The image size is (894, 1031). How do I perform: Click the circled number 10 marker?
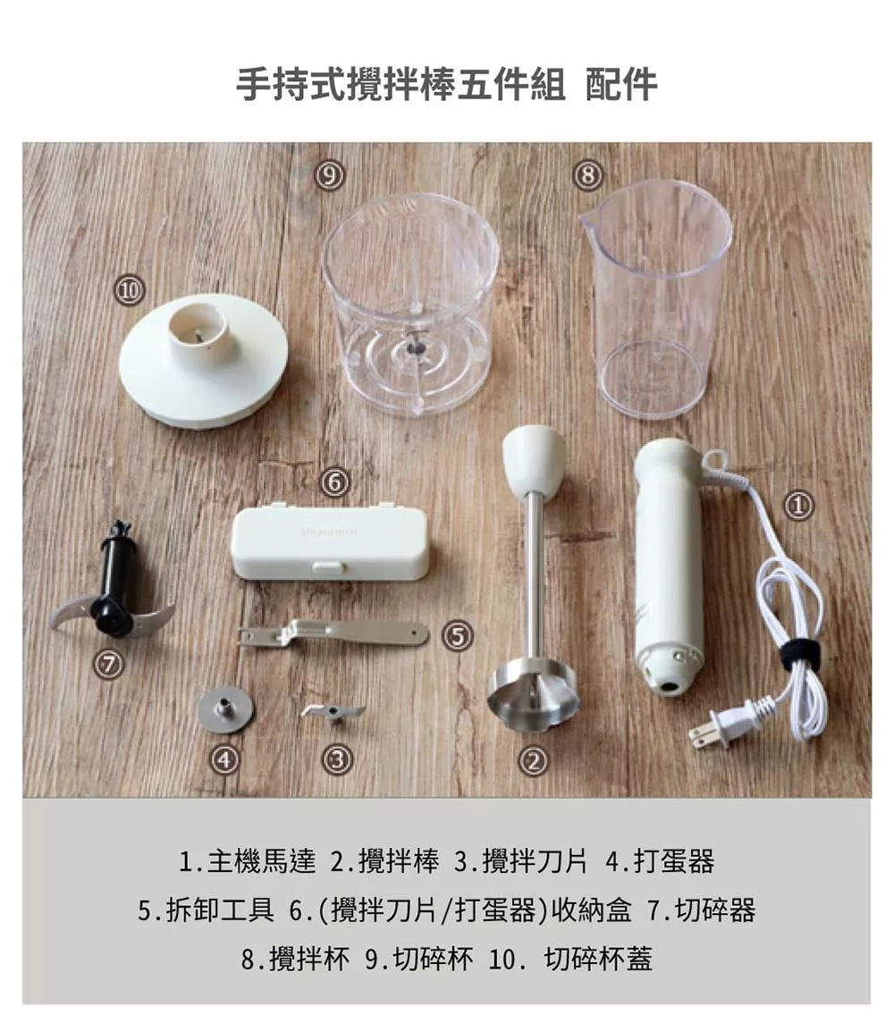pyautogui.click(x=130, y=290)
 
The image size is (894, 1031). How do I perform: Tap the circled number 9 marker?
pyautogui.click(x=330, y=175)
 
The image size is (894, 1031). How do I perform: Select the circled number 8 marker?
pyautogui.click(x=587, y=175)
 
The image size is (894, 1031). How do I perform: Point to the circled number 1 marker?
pyautogui.click(x=798, y=505)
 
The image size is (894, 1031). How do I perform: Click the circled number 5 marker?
pyautogui.click(x=458, y=635)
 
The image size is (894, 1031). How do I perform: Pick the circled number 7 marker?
pyautogui.click(x=108, y=665)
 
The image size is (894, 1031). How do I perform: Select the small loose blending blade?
pyautogui.click(x=333, y=711)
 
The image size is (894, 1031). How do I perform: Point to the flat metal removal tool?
pyautogui.click(x=333, y=633)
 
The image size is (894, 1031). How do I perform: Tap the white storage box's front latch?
pyautogui.click(x=328, y=566)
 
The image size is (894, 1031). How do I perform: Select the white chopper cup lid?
pyautogui.click(x=203, y=360)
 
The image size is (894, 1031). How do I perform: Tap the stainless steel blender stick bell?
pyautogui.click(x=534, y=697)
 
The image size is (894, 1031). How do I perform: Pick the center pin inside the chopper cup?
pyautogui.click(x=412, y=343)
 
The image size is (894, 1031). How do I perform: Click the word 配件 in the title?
pyautogui.click(x=621, y=84)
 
